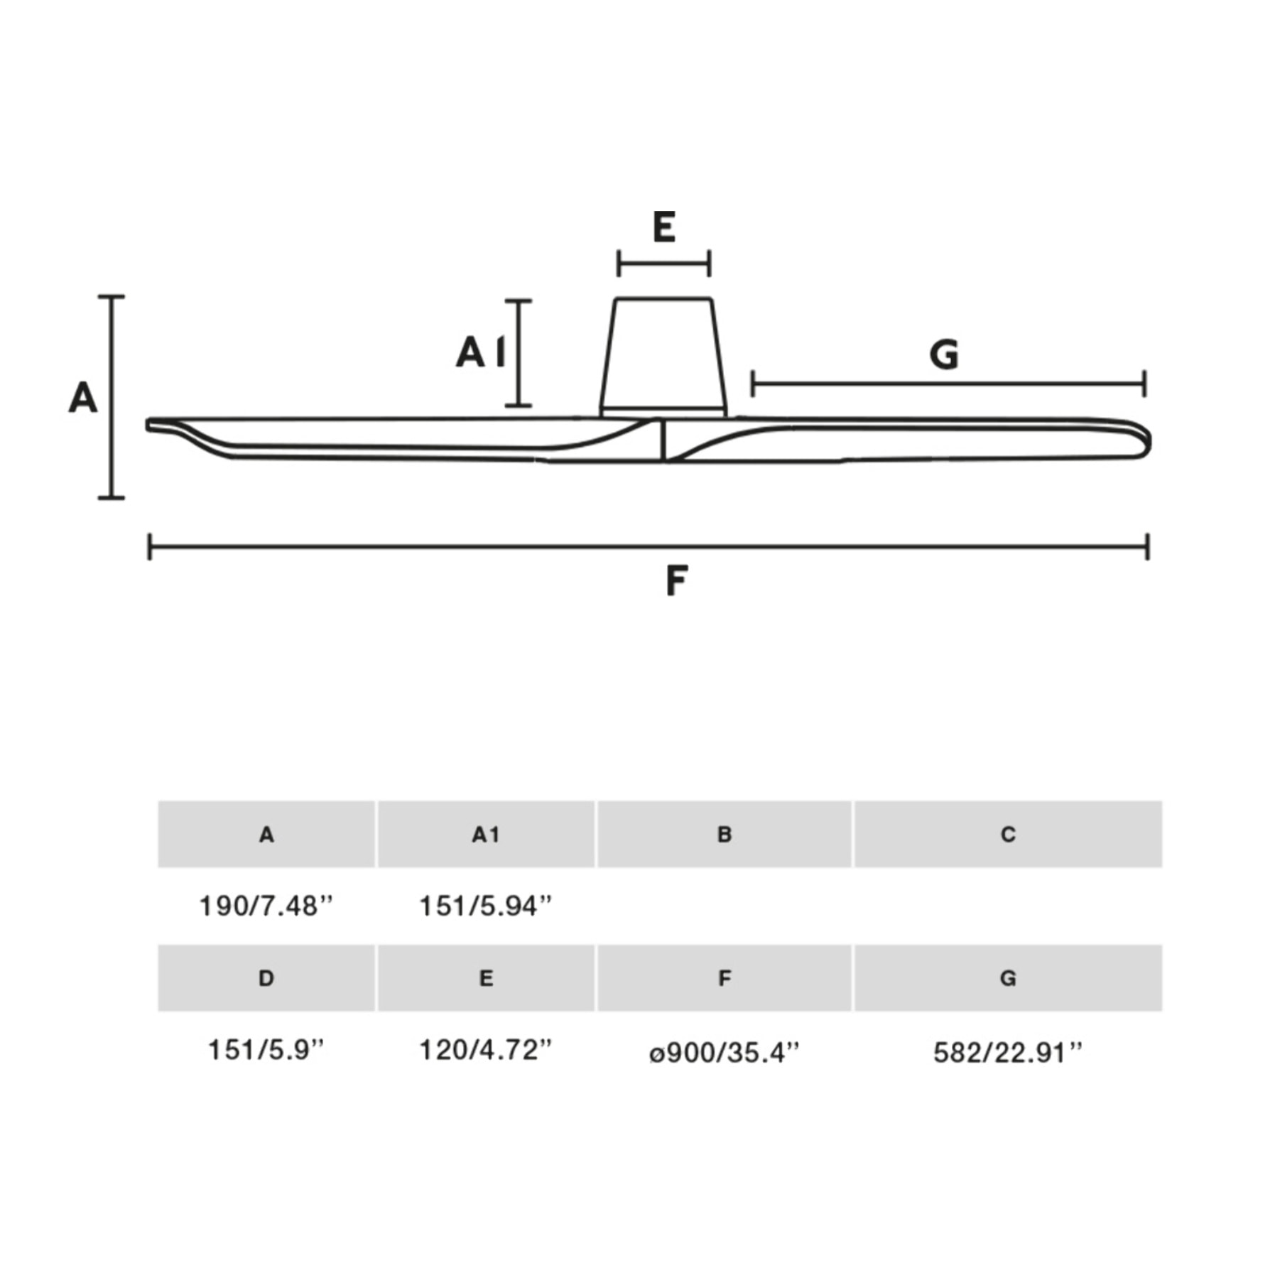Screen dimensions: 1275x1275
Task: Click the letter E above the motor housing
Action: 663,227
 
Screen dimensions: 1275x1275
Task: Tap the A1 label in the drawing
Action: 481,352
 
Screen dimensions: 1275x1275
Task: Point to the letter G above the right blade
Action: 944,354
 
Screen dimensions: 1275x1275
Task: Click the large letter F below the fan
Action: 676,580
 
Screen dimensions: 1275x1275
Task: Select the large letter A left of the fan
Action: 82,397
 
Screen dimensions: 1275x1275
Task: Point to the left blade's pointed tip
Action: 148,425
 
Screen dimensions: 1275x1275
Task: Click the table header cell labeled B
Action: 724,834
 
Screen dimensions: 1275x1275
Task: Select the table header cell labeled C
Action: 1008,834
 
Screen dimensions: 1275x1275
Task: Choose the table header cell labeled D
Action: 266,978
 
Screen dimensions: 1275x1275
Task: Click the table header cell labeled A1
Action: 486,834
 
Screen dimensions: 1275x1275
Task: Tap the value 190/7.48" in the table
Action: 266,906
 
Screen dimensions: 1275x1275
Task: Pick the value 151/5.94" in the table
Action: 486,906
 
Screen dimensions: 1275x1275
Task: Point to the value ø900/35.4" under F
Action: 724,1053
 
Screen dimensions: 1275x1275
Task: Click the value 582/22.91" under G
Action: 1008,1053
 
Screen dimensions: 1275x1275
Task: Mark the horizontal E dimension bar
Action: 663,264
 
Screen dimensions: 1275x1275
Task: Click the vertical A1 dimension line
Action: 519,353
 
